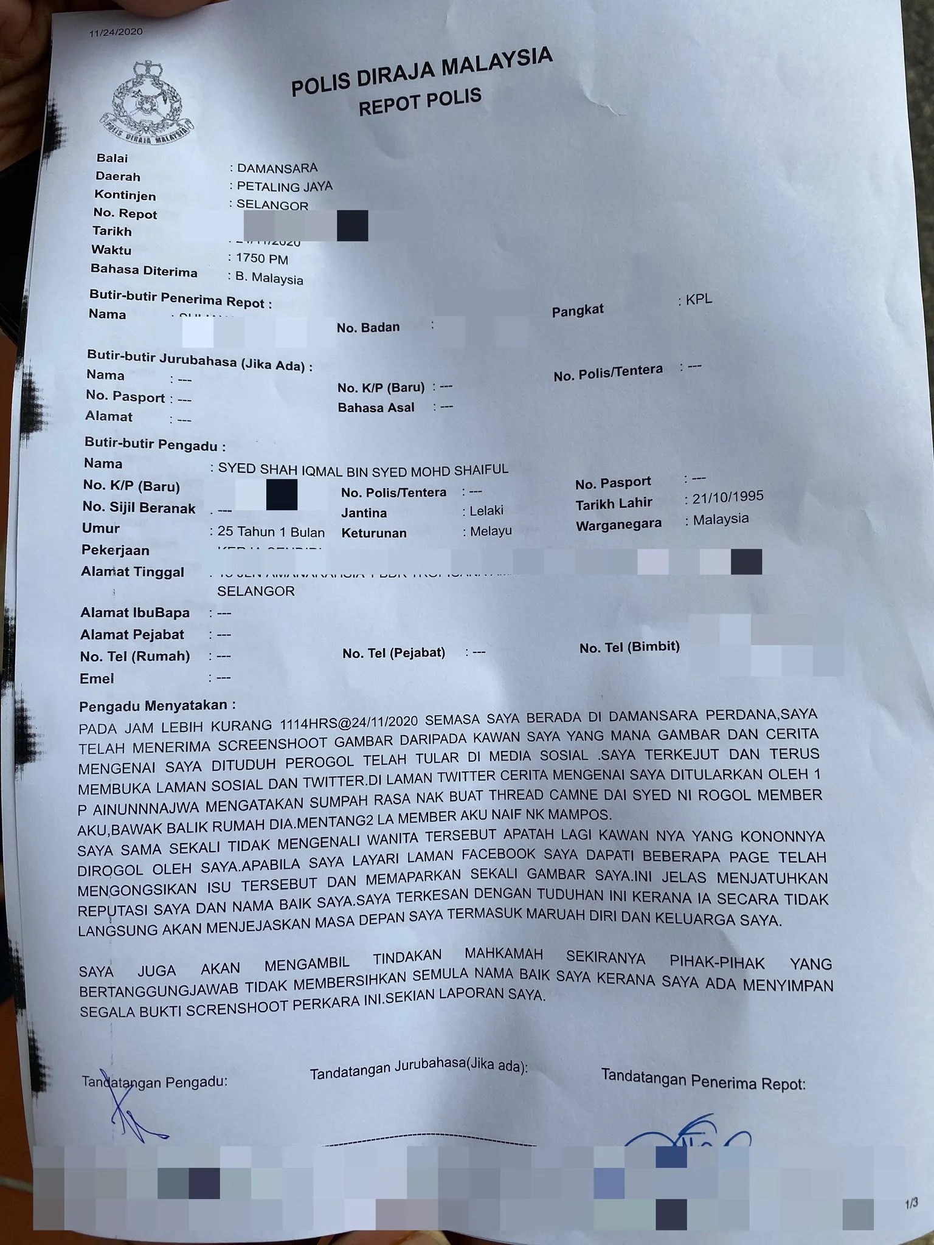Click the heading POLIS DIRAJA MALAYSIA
(x=421, y=72)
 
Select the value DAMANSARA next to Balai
(x=277, y=168)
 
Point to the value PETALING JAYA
(x=284, y=186)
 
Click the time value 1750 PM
(x=261, y=258)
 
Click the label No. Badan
(x=368, y=328)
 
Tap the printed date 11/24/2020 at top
(x=116, y=32)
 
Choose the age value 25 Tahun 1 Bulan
(x=271, y=532)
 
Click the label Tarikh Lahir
(x=614, y=503)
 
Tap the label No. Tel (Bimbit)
(x=629, y=647)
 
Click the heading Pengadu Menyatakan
(x=157, y=706)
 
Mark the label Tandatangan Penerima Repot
(x=703, y=1080)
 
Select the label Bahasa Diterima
(x=144, y=271)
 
